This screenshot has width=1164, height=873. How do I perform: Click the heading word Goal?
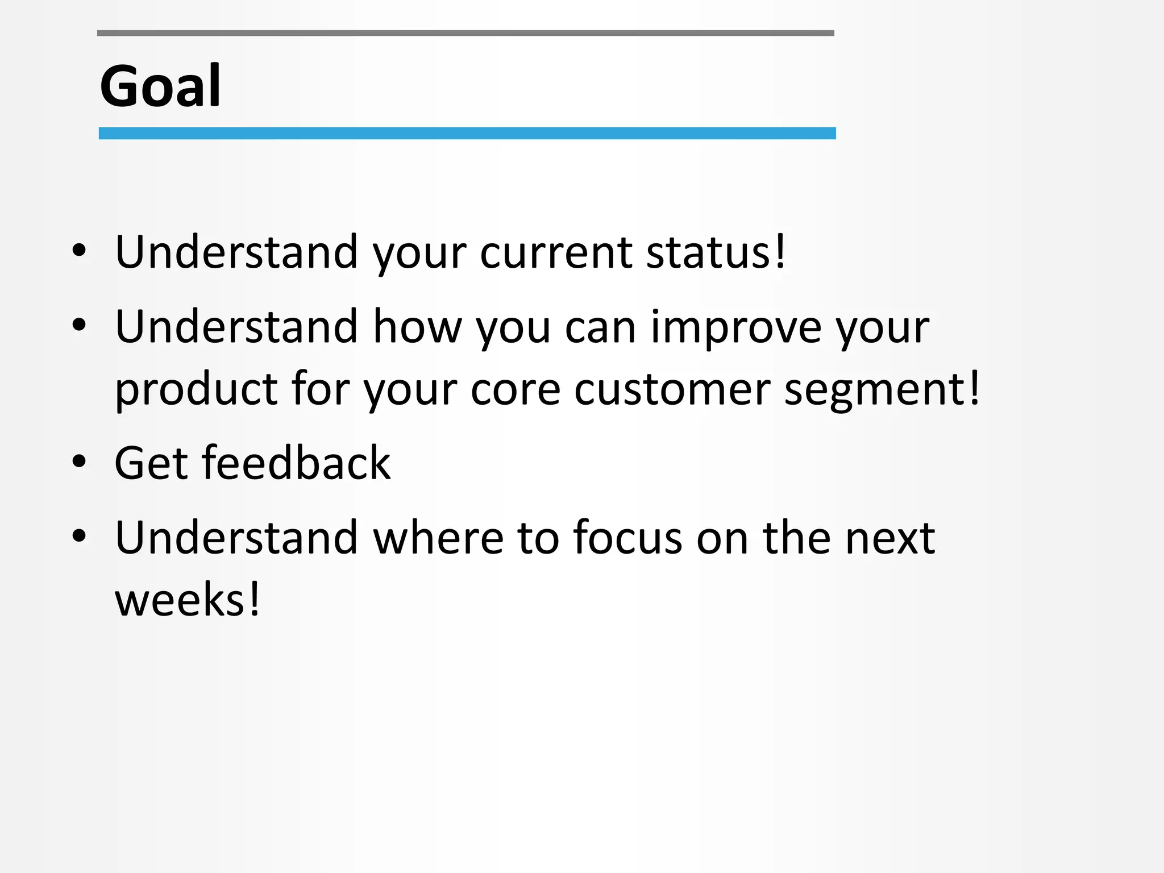(160, 86)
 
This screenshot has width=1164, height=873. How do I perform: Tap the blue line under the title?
(467, 134)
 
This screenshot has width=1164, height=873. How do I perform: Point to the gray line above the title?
(465, 34)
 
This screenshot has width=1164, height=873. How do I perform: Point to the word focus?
(627, 538)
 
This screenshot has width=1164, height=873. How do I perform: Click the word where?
(438, 538)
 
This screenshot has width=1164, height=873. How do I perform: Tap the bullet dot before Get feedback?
(80, 462)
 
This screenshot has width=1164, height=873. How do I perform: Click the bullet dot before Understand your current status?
(80, 250)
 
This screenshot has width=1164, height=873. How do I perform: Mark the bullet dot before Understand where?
(80, 535)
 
